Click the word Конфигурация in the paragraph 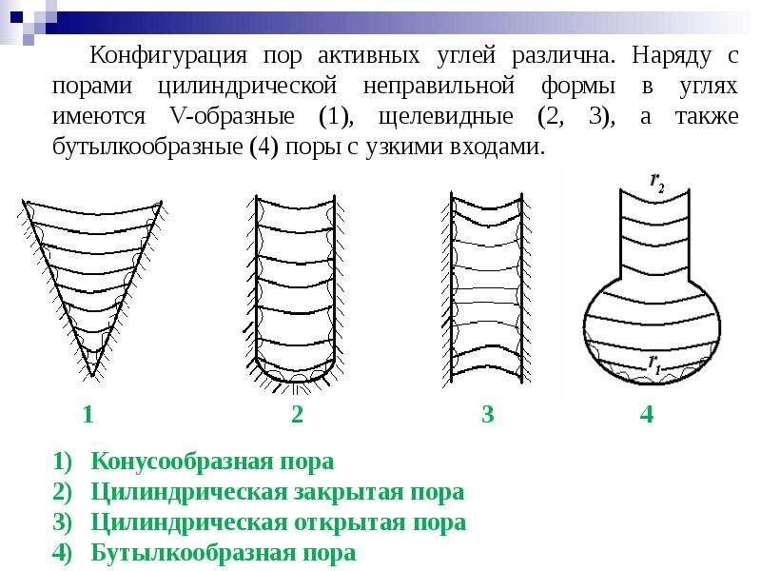pyautogui.click(x=168, y=55)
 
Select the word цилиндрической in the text pyautogui.click(x=247, y=86)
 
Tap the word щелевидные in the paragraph pyautogui.click(x=445, y=116)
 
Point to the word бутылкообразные pyautogui.click(x=147, y=147)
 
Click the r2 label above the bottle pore pyautogui.click(x=657, y=182)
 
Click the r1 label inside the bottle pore pyautogui.click(x=654, y=364)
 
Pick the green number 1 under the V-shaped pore pyautogui.click(x=88, y=415)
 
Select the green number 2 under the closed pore pyautogui.click(x=297, y=414)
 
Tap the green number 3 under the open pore pyautogui.click(x=487, y=414)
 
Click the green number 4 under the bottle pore pyautogui.click(x=647, y=414)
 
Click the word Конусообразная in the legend pyautogui.click(x=185, y=462)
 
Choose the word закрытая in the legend pyautogui.click(x=349, y=492)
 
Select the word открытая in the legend pyautogui.click(x=351, y=522)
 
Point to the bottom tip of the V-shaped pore pyautogui.click(x=92, y=376)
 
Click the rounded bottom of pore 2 pyautogui.click(x=295, y=381)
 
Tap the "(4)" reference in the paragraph pyautogui.click(x=263, y=147)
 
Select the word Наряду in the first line pyautogui.click(x=672, y=56)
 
